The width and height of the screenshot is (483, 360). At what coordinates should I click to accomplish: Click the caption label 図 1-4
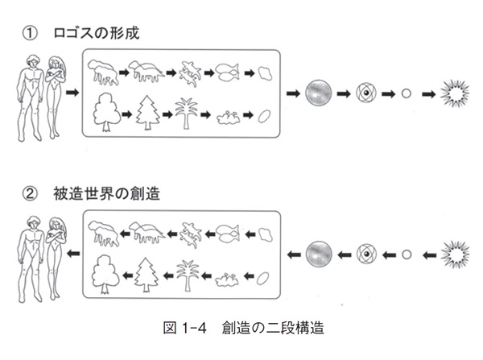(x=183, y=329)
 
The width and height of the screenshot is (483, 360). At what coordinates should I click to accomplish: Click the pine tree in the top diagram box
(x=148, y=111)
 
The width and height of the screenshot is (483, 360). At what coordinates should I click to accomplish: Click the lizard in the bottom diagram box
(x=188, y=234)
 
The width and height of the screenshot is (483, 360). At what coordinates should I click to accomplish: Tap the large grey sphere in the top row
(x=320, y=94)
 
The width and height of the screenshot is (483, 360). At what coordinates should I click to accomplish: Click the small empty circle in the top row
(x=407, y=94)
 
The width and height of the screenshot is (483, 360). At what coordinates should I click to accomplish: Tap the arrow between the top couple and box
(x=72, y=93)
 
